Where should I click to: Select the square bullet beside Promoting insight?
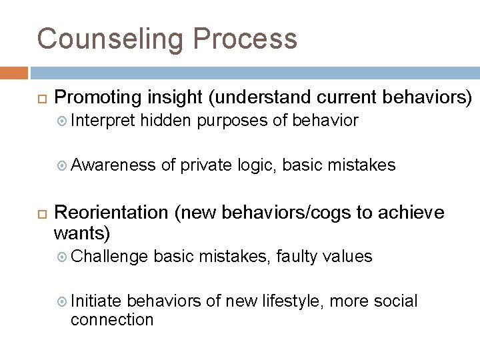40,97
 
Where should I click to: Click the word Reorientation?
111,212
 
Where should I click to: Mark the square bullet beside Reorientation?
40,213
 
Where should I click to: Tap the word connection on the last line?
111,319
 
